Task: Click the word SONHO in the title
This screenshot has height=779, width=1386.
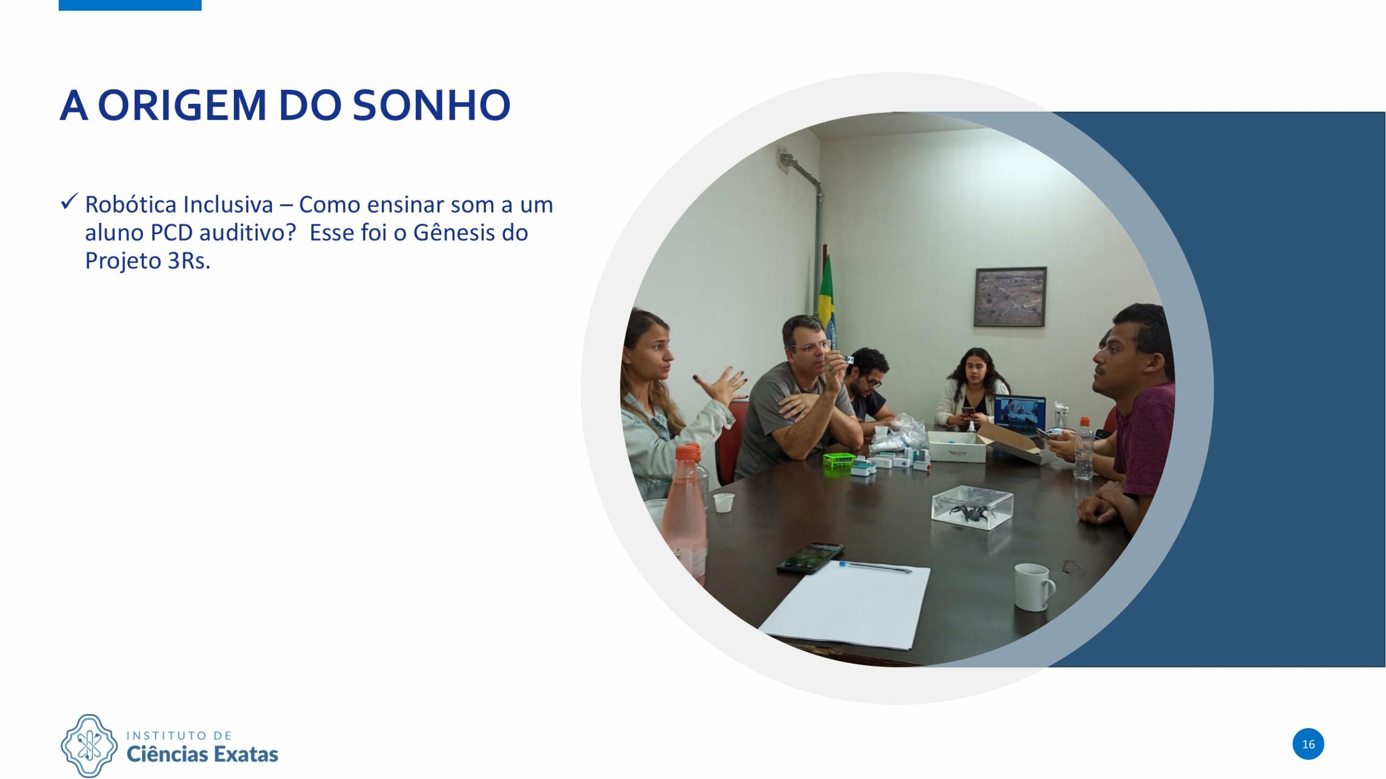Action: (432, 105)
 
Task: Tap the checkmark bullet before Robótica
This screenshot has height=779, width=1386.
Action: (69, 202)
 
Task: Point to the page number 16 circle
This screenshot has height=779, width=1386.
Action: (1308, 744)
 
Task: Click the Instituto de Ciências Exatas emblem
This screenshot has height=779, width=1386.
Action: (89, 745)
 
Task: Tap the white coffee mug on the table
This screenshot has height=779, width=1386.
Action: (1034, 587)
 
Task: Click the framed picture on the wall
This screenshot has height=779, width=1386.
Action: (1010, 297)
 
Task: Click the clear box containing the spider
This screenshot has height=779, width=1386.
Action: (972, 507)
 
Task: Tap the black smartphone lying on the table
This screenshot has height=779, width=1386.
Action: (810, 558)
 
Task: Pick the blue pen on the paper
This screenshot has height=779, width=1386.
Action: (875, 566)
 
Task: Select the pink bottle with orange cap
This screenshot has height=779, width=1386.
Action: (684, 514)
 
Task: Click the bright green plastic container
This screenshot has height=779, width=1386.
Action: (839, 461)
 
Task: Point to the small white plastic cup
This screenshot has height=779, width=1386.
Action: (723, 503)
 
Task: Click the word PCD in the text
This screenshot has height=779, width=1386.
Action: (172, 233)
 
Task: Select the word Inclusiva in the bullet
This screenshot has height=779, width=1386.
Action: (228, 205)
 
